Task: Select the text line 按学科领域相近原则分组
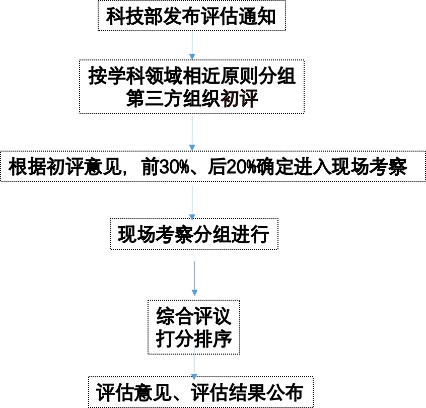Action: click(x=192, y=76)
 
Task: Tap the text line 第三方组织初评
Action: click(x=192, y=99)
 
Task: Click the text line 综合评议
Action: click(x=194, y=316)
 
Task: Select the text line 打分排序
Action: click(x=194, y=339)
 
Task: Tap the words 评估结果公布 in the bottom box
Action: click(x=247, y=392)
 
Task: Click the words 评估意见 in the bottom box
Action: click(x=133, y=392)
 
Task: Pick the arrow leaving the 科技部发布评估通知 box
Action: click(x=192, y=45)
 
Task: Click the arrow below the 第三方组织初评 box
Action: click(x=192, y=133)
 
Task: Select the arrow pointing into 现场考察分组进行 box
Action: click(x=192, y=203)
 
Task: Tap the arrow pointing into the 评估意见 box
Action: click(x=194, y=363)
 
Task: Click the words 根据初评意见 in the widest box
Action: click(x=64, y=167)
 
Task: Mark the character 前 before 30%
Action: click(x=150, y=167)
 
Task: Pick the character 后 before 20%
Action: click(x=217, y=167)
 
